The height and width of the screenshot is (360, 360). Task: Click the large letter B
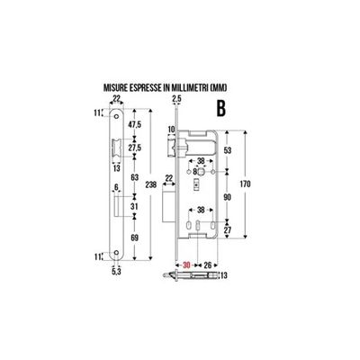[x=221, y=108]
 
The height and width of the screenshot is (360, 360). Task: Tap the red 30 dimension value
[x=186, y=265]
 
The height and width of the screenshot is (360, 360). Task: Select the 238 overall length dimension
[x=150, y=184]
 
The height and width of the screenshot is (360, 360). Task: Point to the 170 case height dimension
[x=245, y=184]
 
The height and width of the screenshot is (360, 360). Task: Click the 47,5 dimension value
[x=135, y=125]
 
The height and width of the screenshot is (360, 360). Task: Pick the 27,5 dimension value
[x=135, y=148]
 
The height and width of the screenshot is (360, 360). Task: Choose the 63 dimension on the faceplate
[x=135, y=177]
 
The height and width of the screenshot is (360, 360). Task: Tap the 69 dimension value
[x=135, y=238]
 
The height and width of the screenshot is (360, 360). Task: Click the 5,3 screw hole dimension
[x=116, y=271]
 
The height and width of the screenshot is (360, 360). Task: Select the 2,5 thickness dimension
[x=176, y=99]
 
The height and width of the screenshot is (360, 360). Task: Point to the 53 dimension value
[x=228, y=150]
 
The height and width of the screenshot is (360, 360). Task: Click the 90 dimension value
[x=228, y=197]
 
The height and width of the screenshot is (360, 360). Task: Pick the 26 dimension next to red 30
[x=208, y=265]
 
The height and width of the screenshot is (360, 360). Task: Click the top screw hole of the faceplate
[x=116, y=116]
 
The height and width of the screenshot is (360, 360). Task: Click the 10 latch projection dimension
[x=171, y=130]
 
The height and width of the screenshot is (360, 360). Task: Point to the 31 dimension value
[x=135, y=207]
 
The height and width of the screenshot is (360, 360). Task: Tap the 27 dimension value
[x=228, y=230]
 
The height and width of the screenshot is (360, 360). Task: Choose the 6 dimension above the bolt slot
[x=116, y=187]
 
